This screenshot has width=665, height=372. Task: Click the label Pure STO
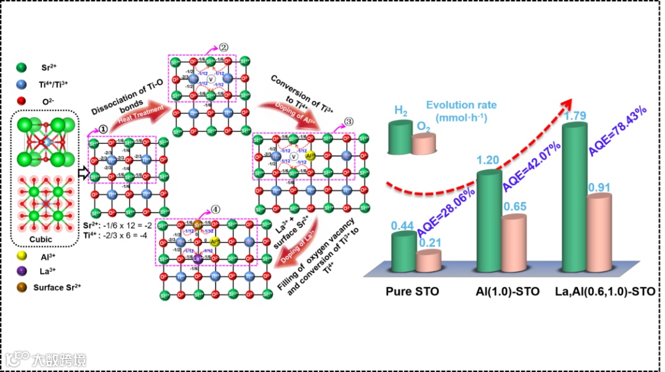[x=413, y=291]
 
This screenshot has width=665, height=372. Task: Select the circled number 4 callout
[x=214, y=207]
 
